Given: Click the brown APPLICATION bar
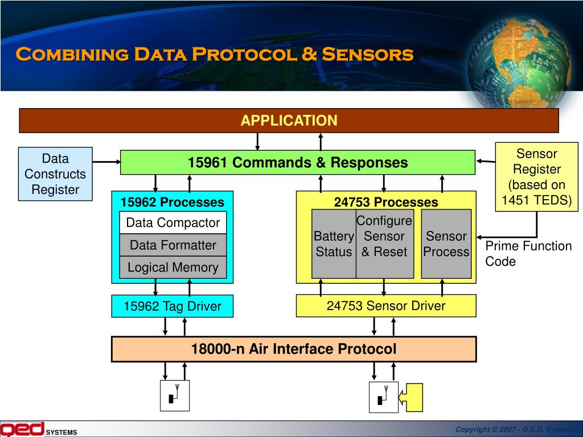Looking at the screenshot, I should [289, 121].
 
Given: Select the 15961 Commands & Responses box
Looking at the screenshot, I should [297, 163].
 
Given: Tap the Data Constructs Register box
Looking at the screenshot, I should [55, 174].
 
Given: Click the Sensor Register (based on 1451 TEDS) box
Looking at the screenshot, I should [536, 177].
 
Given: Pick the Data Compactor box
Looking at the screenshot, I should [173, 222].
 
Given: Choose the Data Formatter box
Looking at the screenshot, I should [173, 245].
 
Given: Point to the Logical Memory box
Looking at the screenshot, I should [173, 267].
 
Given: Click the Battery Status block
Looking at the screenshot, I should [334, 244].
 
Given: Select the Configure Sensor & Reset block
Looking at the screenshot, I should [384, 244].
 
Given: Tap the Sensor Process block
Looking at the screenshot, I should [446, 244].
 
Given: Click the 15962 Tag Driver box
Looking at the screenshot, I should [173, 306].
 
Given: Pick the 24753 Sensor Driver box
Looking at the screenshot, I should [386, 306].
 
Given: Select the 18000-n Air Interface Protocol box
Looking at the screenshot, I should [293, 349].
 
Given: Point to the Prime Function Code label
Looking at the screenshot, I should [528, 254].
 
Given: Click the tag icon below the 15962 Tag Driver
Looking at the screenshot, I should [175, 395].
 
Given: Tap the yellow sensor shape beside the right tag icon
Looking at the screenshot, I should [414, 397].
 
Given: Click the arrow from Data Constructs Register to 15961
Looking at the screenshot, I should [106, 162].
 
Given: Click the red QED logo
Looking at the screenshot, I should [22, 429].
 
